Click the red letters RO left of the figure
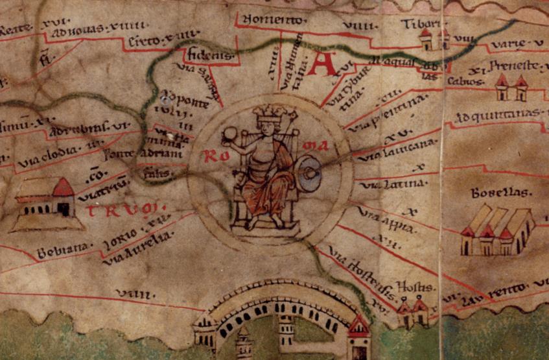tap(213, 156)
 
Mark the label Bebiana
tap(61, 251)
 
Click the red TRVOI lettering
tap(126, 210)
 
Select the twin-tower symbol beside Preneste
tap(511, 88)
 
